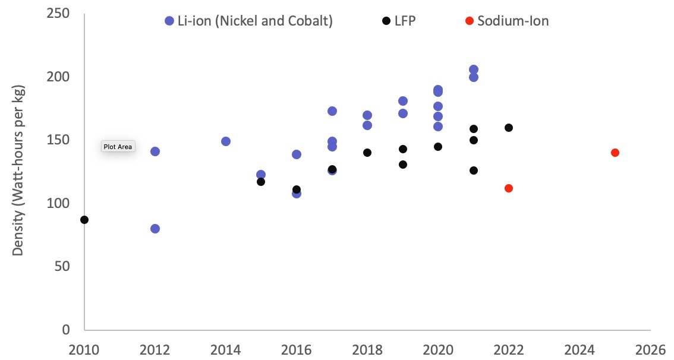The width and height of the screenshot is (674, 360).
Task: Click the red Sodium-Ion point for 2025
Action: click(615, 153)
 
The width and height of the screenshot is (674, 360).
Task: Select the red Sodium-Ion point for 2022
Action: click(509, 188)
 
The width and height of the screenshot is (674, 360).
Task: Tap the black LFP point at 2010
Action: click(84, 220)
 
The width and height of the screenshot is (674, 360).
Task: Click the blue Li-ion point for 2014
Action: click(226, 141)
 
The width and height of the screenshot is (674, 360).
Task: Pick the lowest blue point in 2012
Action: click(155, 229)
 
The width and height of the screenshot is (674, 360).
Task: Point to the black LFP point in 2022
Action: click(509, 128)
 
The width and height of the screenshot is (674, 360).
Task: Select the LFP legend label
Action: click(404, 21)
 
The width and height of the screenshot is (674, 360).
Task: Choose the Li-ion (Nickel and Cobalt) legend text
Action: click(255, 21)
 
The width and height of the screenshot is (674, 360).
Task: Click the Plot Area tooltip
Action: click(118, 147)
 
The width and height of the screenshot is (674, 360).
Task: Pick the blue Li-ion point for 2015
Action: click(261, 175)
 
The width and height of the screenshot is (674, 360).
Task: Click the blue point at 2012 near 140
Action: click(155, 151)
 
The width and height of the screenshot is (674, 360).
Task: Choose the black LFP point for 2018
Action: click(367, 153)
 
